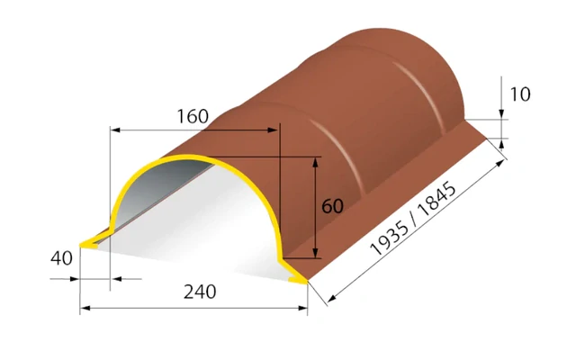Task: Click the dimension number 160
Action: pos(193,116)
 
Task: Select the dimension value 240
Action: pos(200,292)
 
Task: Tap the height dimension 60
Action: pos(332,206)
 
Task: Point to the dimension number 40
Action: pos(61,258)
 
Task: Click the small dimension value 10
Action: pos(520,94)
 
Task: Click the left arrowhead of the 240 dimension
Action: pos(85,308)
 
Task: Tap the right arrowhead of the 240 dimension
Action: pos(302,308)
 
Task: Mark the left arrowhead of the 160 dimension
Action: pos(115,130)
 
